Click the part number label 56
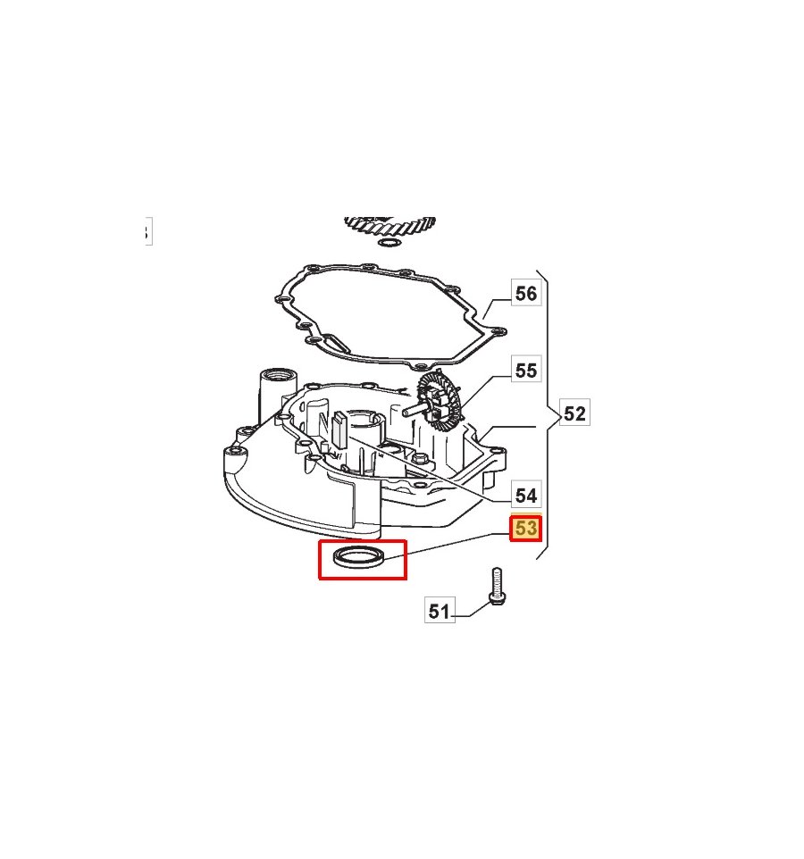526,293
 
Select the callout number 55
526,370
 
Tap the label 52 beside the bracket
574,413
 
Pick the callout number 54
526,496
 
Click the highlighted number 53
526,529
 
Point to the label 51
440,610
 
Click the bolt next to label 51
497,586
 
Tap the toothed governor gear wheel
439,400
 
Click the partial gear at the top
390,226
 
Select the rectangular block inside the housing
339,430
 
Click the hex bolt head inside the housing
421,459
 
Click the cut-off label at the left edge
148,232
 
